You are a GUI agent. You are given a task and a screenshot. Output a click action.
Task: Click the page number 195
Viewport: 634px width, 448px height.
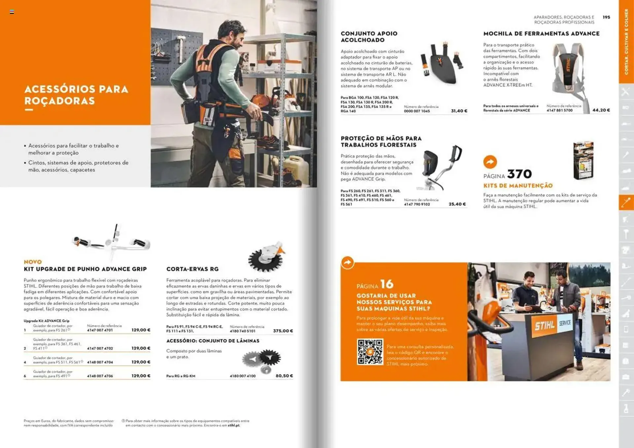pyautogui.click(x=606, y=17)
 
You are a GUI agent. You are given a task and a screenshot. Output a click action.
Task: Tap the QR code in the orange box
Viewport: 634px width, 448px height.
pyautogui.click(x=370, y=352)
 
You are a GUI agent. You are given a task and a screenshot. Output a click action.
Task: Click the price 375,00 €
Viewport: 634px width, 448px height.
pyautogui.click(x=283, y=331)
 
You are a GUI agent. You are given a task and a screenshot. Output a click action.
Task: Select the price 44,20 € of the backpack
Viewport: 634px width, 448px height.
pyautogui.click(x=601, y=110)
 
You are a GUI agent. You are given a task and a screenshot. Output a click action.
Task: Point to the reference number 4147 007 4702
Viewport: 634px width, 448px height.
pyautogui.click(x=100, y=348)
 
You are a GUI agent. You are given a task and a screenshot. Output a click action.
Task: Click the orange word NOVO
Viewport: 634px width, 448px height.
pyautogui.click(x=33, y=262)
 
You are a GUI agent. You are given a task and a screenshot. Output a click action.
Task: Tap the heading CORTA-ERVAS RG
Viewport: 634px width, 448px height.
pyautogui.click(x=193, y=269)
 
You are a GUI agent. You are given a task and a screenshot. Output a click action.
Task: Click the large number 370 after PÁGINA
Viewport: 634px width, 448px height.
pyautogui.click(x=519, y=174)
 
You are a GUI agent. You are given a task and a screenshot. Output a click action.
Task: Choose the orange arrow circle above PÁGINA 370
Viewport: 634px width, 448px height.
pyautogui.click(x=490, y=162)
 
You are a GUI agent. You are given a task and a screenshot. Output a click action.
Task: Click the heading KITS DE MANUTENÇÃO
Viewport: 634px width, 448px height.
pyautogui.click(x=518, y=186)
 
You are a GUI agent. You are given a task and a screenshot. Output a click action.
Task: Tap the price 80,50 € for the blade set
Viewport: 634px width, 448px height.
pyautogui.click(x=284, y=376)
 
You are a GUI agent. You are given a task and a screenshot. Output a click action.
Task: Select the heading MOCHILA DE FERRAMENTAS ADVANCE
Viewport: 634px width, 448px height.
pyautogui.click(x=541, y=34)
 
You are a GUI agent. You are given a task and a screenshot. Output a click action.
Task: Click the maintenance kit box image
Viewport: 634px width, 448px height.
pyautogui.click(x=583, y=160)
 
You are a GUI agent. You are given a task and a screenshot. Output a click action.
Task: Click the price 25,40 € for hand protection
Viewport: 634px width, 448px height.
pyautogui.click(x=457, y=204)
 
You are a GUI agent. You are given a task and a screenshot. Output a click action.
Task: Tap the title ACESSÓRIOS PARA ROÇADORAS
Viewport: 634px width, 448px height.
pyautogui.click(x=76, y=95)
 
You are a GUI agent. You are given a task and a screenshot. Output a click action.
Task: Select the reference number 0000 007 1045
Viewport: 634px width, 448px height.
pyautogui.click(x=417, y=111)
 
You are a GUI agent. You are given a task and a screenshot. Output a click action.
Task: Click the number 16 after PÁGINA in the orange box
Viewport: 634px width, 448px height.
pyautogui.click(x=387, y=284)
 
